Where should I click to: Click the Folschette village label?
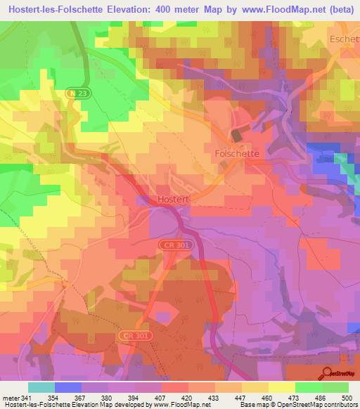coord(237,152)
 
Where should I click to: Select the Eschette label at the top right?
coord(345,40)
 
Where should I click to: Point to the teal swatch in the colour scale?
coord(41,387)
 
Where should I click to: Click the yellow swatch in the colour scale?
coord(281,387)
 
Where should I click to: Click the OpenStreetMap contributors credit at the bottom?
coord(317,405)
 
